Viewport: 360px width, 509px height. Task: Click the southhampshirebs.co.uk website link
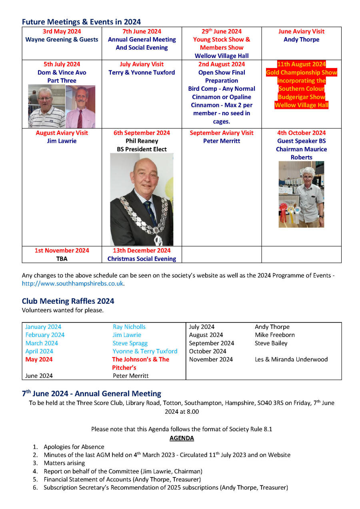[x=73, y=284]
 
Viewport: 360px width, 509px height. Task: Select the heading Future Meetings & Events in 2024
[x=81, y=22]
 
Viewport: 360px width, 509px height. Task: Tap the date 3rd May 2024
[x=62, y=31]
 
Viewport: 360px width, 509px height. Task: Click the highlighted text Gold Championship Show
[x=302, y=72]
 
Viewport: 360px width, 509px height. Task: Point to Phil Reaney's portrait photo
[x=142, y=199]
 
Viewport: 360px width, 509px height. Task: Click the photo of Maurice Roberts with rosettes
[x=301, y=194]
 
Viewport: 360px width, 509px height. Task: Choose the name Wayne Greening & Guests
[x=62, y=40]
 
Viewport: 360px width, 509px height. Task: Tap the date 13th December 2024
[x=142, y=250]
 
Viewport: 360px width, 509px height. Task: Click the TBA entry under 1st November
[x=62, y=259]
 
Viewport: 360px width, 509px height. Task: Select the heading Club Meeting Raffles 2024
[x=68, y=301]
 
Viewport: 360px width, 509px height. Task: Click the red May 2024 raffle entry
[x=39, y=359]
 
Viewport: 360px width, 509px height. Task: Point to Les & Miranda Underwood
[x=291, y=359]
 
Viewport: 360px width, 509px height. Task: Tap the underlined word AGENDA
[x=182, y=438]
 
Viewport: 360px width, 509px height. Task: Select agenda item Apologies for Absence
[x=74, y=447]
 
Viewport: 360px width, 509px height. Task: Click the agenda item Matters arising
[x=64, y=463]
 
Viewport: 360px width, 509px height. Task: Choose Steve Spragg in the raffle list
[x=130, y=343]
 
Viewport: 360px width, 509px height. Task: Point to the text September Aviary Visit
[x=222, y=133]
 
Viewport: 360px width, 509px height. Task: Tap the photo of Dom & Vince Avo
[x=62, y=106]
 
